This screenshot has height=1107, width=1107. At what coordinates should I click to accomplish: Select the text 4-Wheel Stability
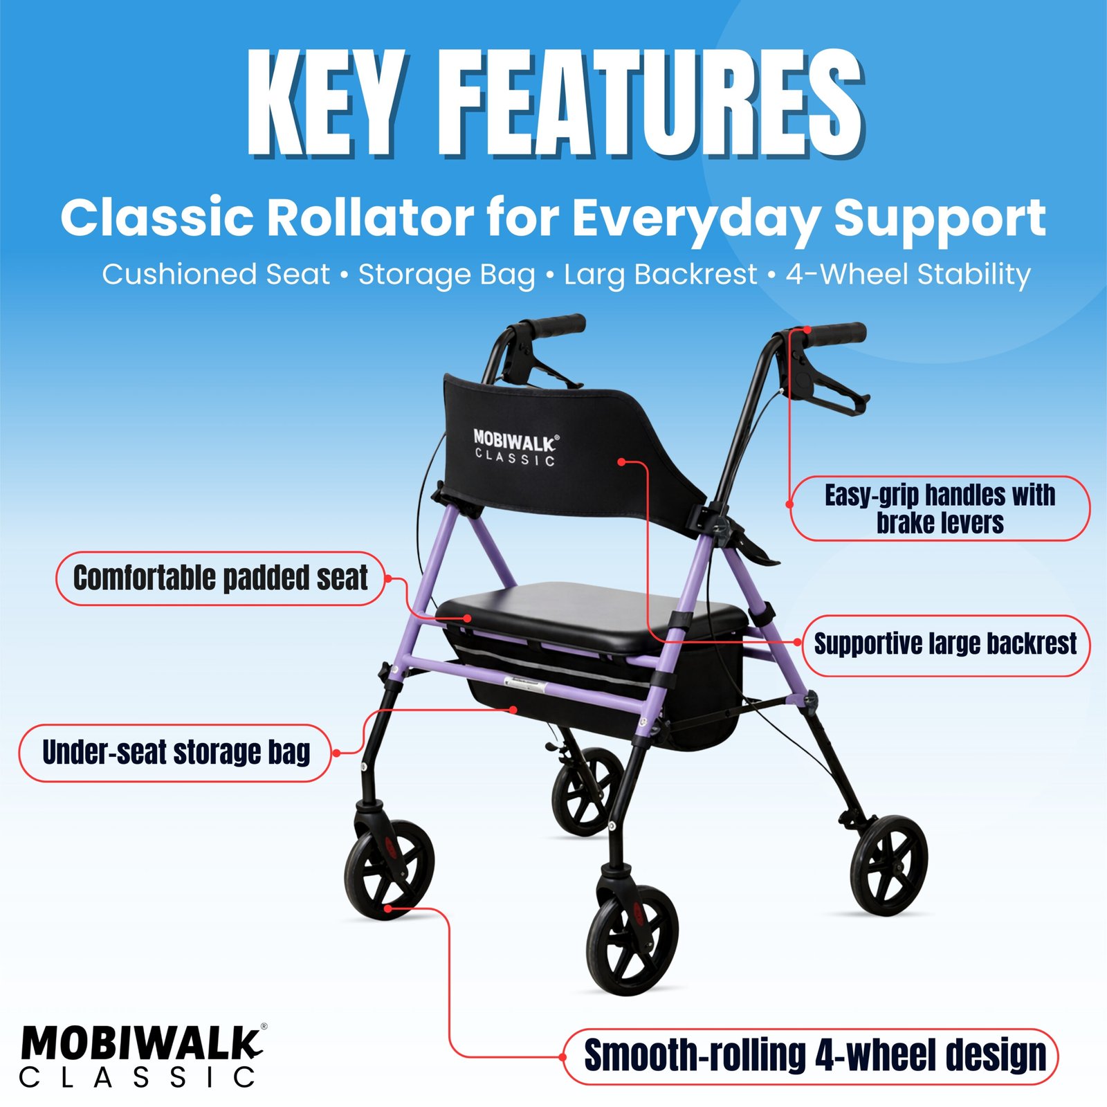908,275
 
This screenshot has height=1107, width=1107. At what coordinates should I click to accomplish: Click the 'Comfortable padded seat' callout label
221,578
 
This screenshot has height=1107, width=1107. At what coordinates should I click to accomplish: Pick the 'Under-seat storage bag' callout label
176,753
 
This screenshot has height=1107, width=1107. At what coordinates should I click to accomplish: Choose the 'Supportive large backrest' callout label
946,645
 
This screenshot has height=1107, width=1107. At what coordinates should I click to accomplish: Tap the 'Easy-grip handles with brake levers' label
940,509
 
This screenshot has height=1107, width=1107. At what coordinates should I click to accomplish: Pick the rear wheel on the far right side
889,866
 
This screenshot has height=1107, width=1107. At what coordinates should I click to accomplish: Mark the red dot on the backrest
622,461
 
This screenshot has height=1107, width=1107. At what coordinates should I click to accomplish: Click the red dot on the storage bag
513,710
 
